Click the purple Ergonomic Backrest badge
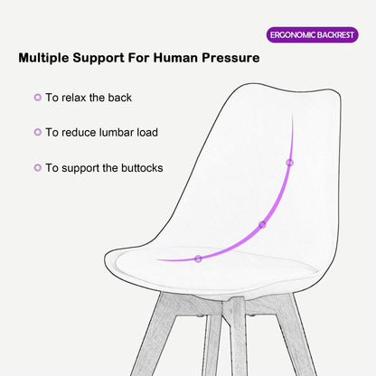[313, 35]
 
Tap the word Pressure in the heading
[226, 59]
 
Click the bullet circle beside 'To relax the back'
[37, 97]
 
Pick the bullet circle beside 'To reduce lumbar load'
[37, 132]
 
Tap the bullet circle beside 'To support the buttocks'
[37, 167]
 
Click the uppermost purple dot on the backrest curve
[289, 163]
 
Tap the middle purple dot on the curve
[262, 224]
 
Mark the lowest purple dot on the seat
[198, 258]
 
